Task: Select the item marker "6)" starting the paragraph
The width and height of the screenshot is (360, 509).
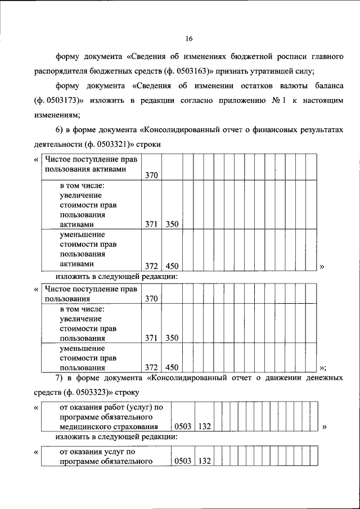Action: tap(59, 129)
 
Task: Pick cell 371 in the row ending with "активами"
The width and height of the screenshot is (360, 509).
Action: tap(151, 224)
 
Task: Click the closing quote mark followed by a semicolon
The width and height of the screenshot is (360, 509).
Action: tap(323, 368)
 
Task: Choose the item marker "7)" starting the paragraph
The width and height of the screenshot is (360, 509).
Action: tap(60, 377)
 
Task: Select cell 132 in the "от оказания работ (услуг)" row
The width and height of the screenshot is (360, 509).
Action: tap(205, 427)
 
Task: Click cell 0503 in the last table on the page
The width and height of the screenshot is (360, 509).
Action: tap(183, 462)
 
